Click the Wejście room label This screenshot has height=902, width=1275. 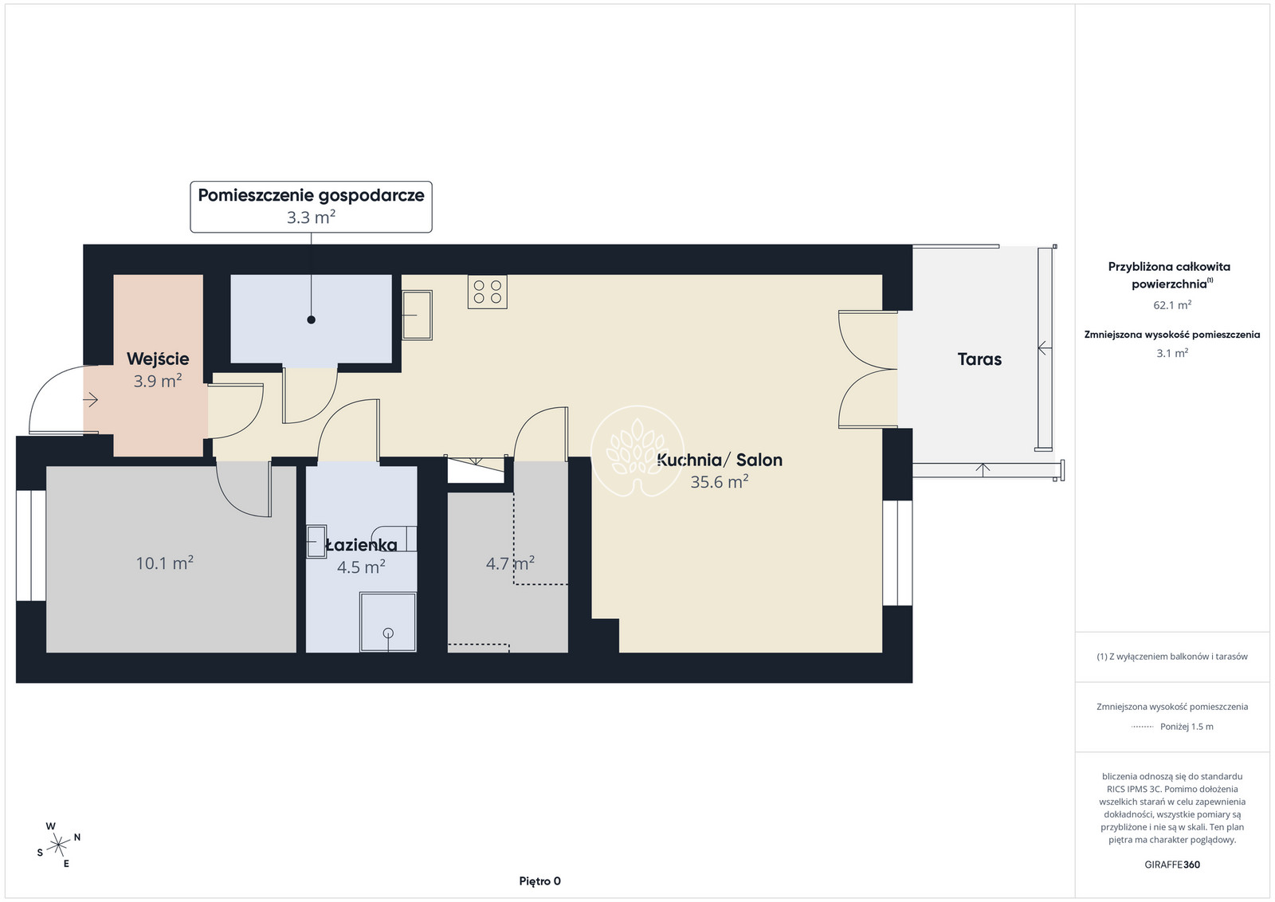158,359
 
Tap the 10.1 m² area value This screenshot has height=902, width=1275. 164,563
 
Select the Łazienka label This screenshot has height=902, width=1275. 361,545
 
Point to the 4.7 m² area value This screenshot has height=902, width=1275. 510,563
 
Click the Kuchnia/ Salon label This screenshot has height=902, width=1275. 720,460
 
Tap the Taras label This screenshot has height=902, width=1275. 979,359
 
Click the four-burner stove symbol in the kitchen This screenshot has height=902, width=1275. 487,292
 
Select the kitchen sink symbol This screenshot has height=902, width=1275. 418,315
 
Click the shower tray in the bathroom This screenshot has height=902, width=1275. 387,622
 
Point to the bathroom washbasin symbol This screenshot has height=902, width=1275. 316,541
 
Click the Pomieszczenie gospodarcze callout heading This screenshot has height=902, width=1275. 311,195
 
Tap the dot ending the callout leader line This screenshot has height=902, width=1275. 312,320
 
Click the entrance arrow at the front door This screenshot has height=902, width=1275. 91,400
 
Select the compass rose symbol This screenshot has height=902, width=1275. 58,845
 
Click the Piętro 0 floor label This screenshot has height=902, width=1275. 539,881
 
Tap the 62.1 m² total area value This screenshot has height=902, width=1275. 1172,305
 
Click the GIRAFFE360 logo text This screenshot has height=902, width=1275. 1172,865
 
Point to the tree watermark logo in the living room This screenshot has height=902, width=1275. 637,451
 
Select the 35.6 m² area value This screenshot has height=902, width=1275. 720,482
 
